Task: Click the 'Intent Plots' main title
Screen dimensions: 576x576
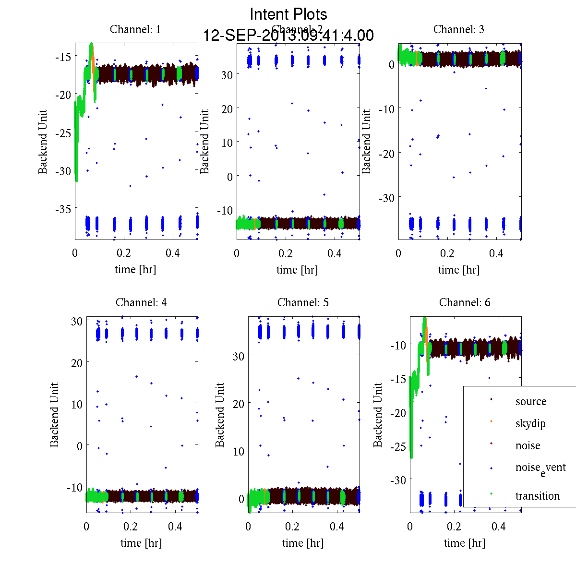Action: tap(288, 14)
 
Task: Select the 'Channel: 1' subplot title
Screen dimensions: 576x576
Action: tap(135, 29)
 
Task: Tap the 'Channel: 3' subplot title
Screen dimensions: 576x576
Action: tap(458, 29)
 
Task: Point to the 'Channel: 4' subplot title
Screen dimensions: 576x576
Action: tap(141, 302)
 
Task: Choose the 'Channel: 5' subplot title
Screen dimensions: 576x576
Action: tap(303, 302)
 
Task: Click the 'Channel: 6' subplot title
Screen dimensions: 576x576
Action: tap(465, 302)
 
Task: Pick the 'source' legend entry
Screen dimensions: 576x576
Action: tap(530, 401)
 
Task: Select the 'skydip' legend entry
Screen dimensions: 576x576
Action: tap(530, 423)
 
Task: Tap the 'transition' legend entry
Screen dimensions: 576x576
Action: tap(537, 496)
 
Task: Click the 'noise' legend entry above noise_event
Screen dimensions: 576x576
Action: tap(528, 445)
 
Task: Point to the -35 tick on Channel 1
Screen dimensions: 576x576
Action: tap(63, 209)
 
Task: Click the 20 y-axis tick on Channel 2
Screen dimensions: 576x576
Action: tap(226, 109)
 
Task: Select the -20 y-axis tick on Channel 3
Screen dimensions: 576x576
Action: tap(386, 153)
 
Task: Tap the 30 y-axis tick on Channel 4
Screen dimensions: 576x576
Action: tap(76, 321)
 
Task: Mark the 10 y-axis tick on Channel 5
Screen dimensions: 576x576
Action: tap(238, 451)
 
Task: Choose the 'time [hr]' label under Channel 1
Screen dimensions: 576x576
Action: tap(135, 269)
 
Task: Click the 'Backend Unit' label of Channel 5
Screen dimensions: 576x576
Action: tap(220, 415)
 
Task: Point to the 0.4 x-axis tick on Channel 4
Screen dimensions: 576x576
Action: tap(175, 527)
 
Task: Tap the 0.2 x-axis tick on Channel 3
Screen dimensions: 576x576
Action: tap(447, 253)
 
